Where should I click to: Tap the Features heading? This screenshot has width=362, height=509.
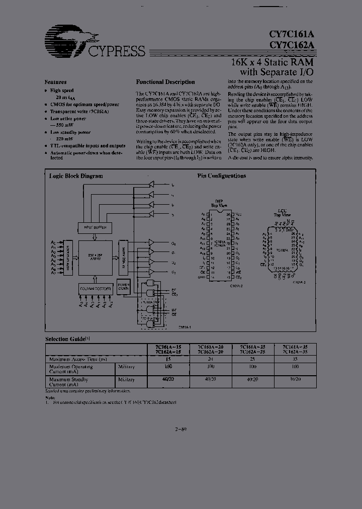pos(55,81)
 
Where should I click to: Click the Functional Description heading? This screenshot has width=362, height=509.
pos(165,82)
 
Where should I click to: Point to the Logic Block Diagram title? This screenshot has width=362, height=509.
pos(75,176)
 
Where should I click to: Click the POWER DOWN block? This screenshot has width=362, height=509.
pos(123,288)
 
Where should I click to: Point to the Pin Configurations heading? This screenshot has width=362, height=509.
pos(221,176)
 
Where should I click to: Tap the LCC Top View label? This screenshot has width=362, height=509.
pos(282,213)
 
